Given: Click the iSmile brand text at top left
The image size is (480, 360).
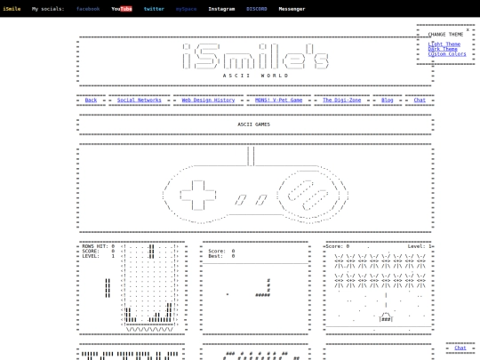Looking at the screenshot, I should coord(12,9).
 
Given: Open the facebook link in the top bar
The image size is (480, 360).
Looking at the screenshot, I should coord(88,9).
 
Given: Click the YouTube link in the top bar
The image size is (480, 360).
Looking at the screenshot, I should coord(122,9).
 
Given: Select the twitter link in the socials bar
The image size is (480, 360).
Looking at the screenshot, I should coord(154,9).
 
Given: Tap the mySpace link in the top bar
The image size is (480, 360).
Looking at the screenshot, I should coord(187,9).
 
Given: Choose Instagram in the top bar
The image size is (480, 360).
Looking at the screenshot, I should coord(221,9).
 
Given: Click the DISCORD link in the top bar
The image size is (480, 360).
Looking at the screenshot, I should coord(257,9).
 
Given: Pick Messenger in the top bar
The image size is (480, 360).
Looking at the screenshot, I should coord(292,9).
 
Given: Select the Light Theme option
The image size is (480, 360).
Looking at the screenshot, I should coord(444,44).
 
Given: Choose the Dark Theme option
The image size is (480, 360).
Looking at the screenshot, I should coord(443,49).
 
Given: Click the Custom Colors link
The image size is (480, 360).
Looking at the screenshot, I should coord(447,54).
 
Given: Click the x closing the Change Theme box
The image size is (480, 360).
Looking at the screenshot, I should coord(468,29).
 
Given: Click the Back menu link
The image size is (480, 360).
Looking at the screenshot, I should coord(91,100).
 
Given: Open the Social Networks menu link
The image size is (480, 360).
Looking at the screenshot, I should coord(140,100).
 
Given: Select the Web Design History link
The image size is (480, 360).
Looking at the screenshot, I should coord(208,100).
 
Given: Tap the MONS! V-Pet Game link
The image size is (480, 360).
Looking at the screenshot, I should coord(278,100).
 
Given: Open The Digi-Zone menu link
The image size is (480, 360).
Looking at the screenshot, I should coord(341,100).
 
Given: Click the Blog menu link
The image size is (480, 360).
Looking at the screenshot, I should coord(388,100).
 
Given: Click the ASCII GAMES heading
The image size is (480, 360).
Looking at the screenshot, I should coord(253,124).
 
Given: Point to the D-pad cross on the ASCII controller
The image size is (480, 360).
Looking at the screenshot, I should coord(198,193).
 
